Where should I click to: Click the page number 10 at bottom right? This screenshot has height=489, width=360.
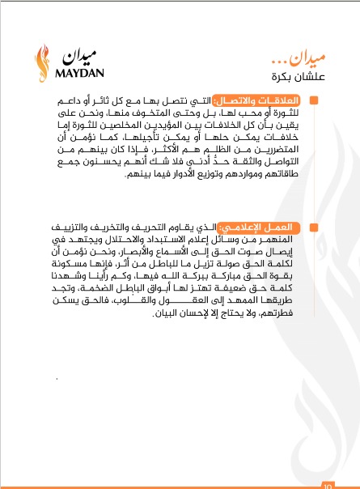(327, 486)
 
